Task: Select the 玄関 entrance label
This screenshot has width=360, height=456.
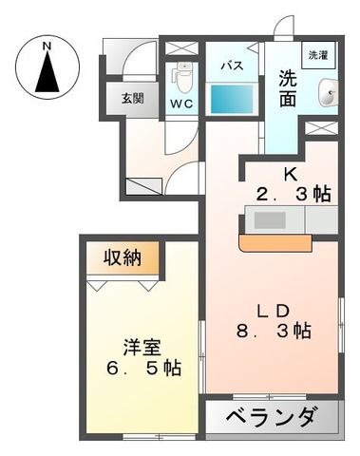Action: [x=132, y=98]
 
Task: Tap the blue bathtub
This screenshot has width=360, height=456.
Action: [x=233, y=97]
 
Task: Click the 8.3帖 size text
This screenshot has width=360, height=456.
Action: [x=274, y=332]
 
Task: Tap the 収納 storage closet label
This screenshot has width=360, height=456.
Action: [x=124, y=258]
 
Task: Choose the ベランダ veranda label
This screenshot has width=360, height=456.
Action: [x=270, y=419]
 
